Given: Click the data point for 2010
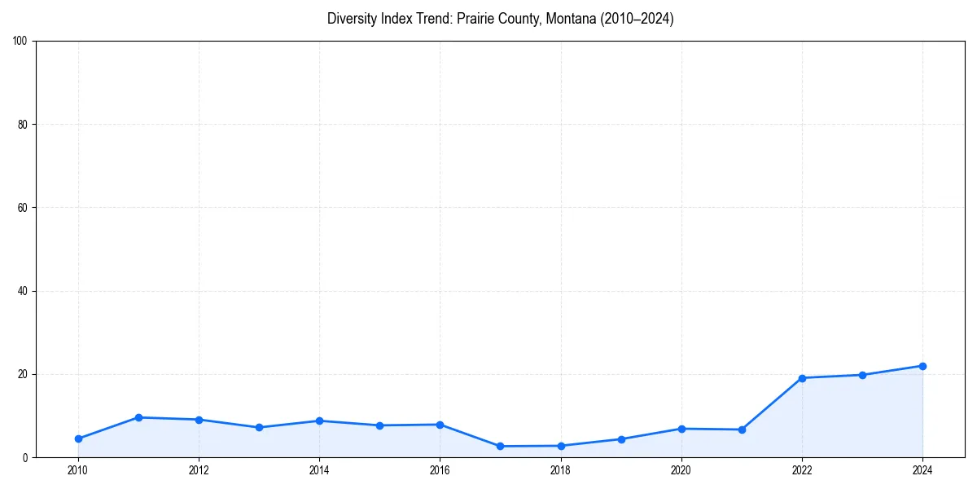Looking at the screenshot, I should [78, 438].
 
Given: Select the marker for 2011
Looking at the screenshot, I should [138, 417].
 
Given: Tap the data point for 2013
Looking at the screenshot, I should [259, 427].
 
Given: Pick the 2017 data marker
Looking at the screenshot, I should [500, 446].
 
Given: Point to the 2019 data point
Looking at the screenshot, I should [621, 439].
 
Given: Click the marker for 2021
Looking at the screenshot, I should [742, 430].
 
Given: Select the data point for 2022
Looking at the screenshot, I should [802, 378].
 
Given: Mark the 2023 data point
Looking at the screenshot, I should [862, 375].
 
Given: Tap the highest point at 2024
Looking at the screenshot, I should [922, 366].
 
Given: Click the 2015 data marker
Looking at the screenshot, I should [379, 425].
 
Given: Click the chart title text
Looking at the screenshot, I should [500, 19].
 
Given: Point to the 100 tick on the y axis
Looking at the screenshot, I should [20, 41].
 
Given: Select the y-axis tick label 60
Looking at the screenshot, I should [23, 208].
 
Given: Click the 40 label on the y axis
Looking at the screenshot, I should [23, 291].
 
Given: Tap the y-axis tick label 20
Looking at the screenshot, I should [23, 374].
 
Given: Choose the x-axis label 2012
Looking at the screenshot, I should [199, 470].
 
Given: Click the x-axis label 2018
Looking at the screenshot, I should [560, 470].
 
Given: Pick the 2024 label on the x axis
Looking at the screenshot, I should [922, 470].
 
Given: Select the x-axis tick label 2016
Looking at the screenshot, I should [440, 470].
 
